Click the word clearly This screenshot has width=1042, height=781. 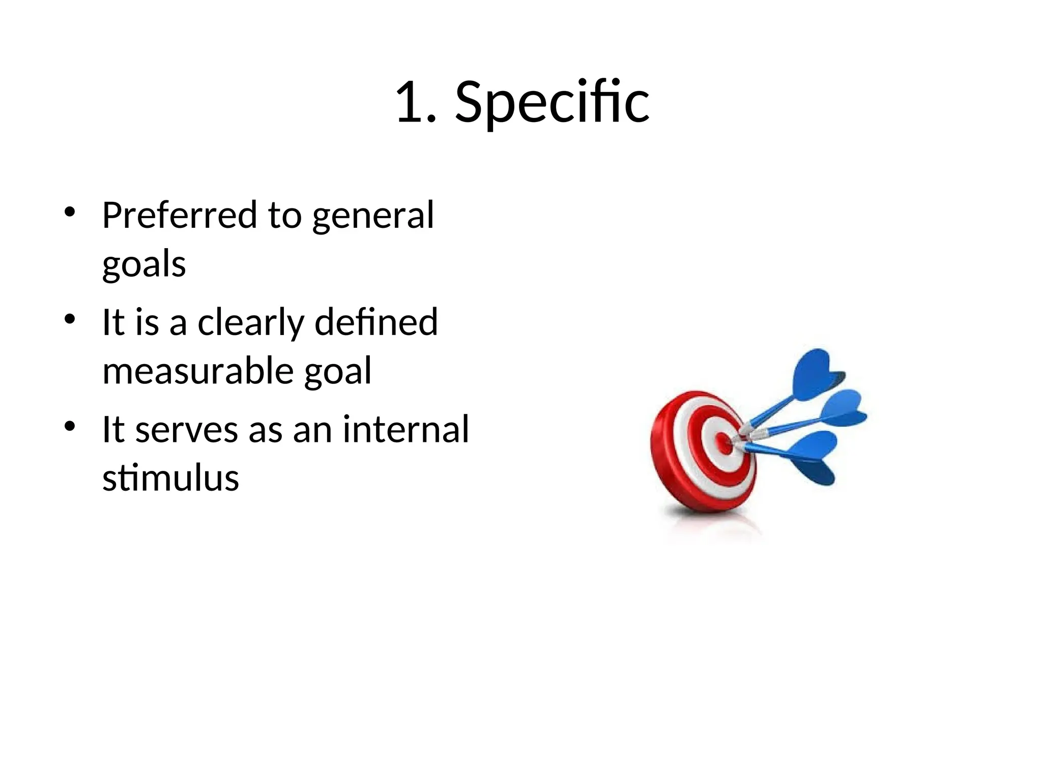(251, 323)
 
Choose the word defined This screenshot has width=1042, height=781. (376, 322)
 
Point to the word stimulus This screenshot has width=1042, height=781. (170, 478)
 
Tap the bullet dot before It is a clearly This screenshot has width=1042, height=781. (70, 319)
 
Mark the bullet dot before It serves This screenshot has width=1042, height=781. (70, 426)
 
